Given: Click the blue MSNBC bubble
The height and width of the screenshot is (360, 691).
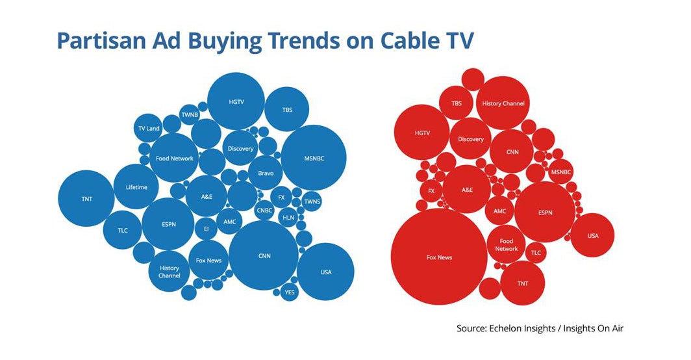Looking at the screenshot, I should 313,157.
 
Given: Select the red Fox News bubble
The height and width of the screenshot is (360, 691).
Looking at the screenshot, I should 440,257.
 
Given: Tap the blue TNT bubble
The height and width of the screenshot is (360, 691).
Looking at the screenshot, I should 86,198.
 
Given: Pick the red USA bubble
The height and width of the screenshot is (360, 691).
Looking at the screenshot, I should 592,235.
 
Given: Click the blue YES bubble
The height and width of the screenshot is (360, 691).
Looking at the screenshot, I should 290,292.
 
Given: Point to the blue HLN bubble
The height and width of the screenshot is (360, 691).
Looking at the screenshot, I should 288,218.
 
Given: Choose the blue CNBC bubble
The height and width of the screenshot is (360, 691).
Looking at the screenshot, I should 264,210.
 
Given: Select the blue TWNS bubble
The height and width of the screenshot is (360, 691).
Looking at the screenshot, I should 312,201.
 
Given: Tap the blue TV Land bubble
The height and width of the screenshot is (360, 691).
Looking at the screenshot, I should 148,129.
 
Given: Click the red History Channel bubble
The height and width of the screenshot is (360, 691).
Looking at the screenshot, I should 503,103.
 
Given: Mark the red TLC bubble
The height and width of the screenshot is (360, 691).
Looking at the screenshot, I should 536,253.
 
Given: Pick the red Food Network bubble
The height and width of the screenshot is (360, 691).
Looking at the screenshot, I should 507,245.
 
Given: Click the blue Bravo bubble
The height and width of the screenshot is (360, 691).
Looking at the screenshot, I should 265,174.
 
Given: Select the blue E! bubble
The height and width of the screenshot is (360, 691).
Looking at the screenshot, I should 206,229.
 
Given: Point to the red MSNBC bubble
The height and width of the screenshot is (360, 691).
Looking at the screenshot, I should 561,172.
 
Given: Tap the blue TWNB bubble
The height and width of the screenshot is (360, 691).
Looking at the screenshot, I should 190,114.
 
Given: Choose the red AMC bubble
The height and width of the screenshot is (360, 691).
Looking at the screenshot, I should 499,211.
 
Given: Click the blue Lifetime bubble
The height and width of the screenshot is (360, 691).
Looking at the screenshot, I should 136,187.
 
